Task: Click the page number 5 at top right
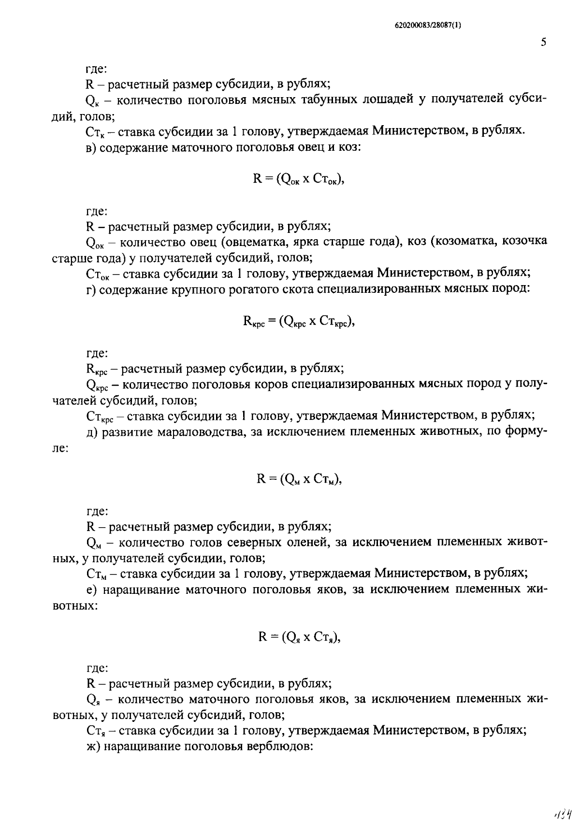coord(543,43)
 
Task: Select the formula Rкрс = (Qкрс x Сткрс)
coord(299,321)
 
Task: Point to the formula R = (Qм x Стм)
coord(299,479)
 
